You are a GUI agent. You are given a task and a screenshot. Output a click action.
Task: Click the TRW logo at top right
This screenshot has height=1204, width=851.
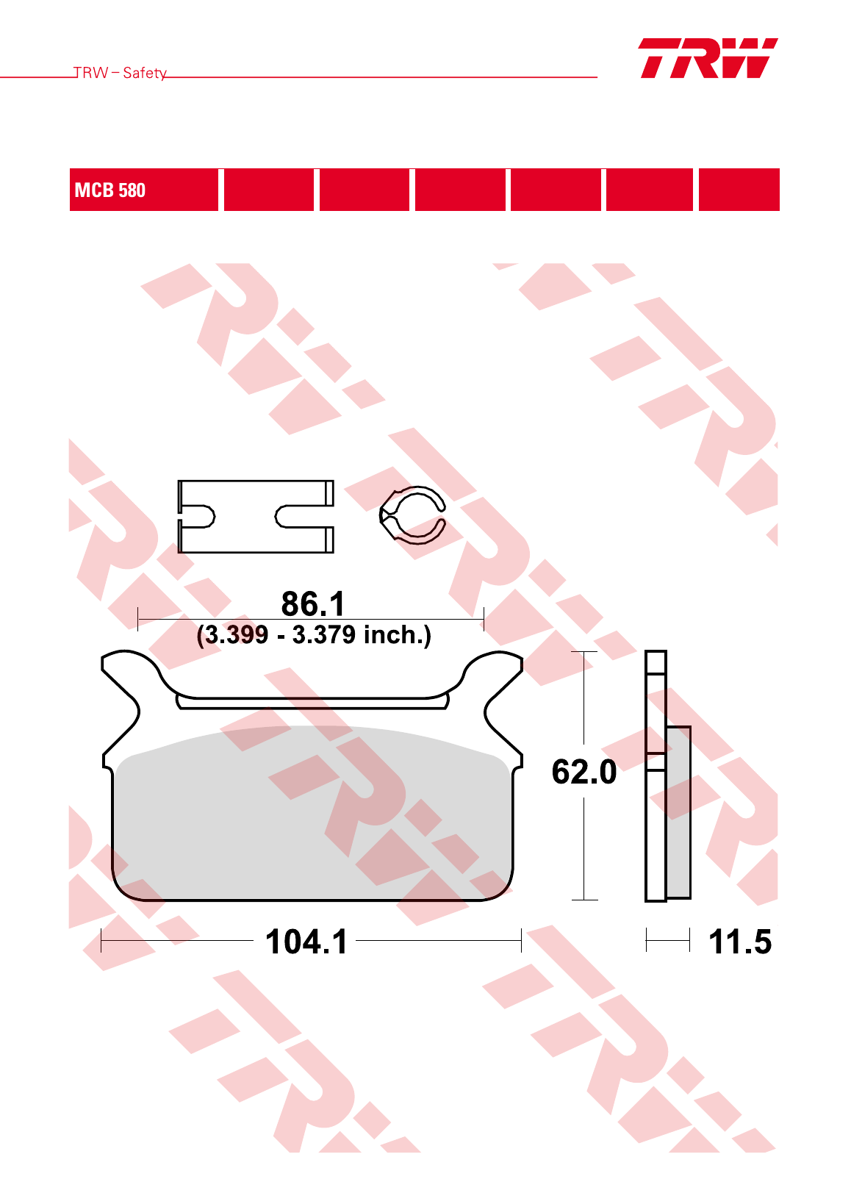708,58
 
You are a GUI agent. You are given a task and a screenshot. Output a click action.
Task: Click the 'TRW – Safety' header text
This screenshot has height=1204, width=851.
120,73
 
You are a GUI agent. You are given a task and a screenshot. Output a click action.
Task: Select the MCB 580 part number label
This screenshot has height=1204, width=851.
110,190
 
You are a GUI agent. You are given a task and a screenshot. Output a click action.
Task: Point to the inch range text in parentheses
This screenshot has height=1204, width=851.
314,635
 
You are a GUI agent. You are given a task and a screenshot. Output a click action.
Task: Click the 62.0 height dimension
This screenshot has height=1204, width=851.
584,772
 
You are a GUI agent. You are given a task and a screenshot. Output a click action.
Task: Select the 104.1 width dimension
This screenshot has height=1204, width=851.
306,942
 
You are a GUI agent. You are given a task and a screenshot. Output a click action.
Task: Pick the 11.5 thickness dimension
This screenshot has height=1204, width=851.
740,942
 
